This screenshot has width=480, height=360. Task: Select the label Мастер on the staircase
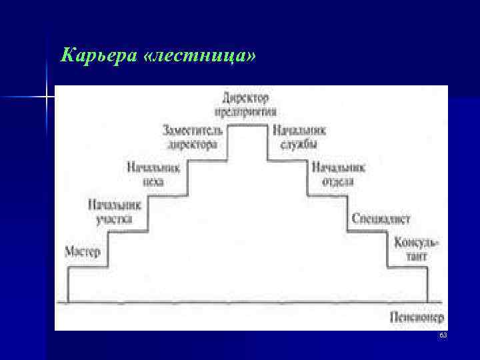coord(83,252)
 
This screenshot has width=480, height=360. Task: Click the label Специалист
coord(381,219)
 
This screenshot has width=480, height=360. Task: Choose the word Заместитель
coord(193,129)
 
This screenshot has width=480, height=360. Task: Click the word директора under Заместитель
coord(193,144)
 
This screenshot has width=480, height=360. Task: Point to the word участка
coord(114,219)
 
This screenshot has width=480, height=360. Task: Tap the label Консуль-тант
coord(416,248)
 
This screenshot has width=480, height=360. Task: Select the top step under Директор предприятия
coord(250,125)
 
